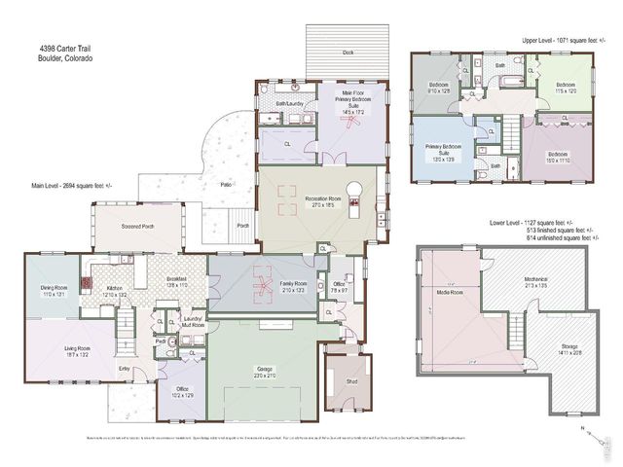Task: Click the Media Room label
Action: click(451, 291)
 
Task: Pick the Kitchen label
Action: click(116, 289)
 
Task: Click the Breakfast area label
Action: click(176, 279)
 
